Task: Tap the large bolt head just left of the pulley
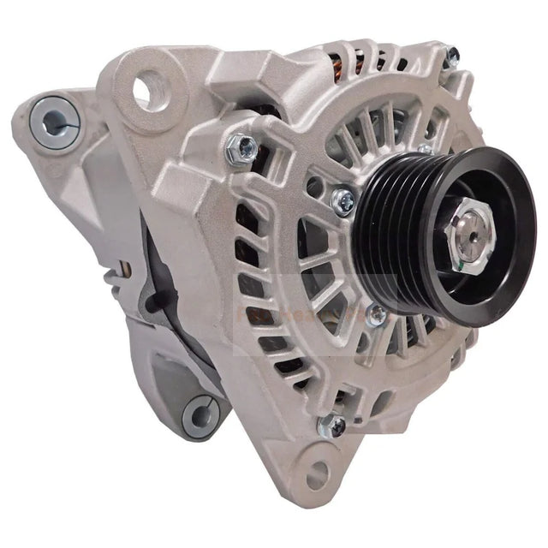tap(343, 201)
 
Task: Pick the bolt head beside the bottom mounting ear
tap(331, 426)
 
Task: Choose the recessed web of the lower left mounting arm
tap(167, 377)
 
